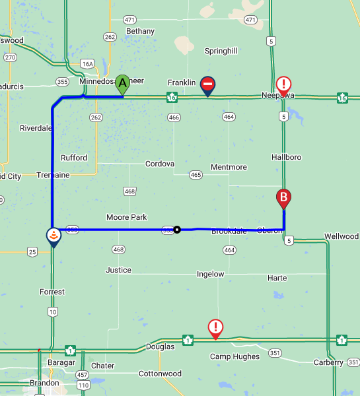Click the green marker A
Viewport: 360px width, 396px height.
(x=122, y=84)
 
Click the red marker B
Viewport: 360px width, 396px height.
(x=283, y=197)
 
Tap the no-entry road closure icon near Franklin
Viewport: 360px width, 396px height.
(x=208, y=84)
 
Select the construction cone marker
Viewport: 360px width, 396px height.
(x=53, y=236)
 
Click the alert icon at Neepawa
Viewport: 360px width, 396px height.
(x=283, y=84)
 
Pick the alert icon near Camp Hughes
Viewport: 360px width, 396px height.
(x=215, y=327)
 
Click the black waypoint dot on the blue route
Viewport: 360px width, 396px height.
(x=177, y=230)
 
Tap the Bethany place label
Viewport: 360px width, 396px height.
(x=140, y=31)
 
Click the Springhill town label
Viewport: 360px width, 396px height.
(x=221, y=51)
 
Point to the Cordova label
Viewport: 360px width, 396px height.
(x=160, y=164)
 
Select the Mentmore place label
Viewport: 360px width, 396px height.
(x=229, y=167)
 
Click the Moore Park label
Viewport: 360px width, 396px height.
(x=126, y=217)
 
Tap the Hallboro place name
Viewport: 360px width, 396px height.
(x=286, y=157)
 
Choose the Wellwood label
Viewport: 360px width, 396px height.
(x=342, y=236)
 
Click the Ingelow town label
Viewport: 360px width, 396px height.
(x=211, y=274)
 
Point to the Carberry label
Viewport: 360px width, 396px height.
(x=328, y=362)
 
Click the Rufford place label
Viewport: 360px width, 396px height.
(x=74, y=158)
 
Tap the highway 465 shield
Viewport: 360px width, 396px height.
(x=196, y=175)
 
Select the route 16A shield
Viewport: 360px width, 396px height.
(x=87, y=64)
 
